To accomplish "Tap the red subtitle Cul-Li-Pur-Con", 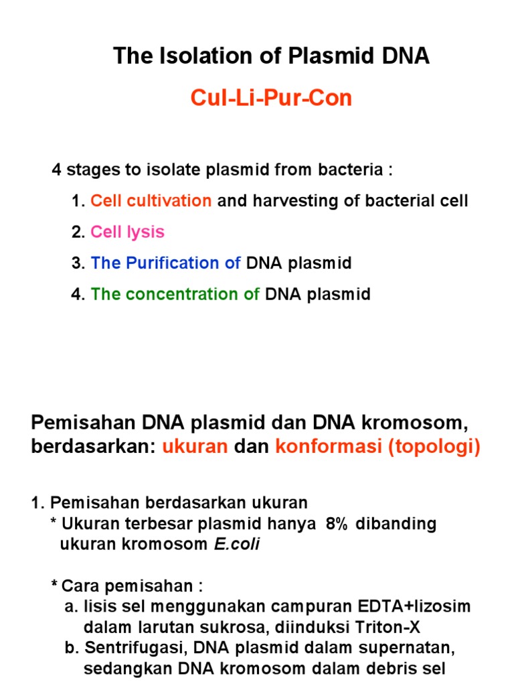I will click(271, 98).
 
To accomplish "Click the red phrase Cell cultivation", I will click(151, 201).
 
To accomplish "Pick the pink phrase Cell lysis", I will click(127, 232).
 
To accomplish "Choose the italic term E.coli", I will click(237, 544).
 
